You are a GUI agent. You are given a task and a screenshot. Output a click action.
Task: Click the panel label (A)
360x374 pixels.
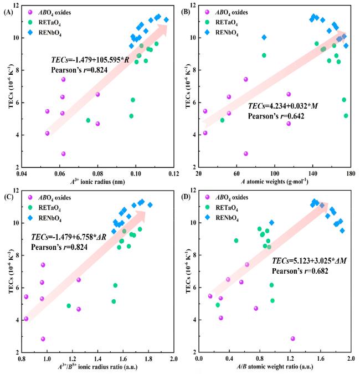8,9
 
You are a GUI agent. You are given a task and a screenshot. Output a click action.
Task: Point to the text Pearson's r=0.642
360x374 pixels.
276,116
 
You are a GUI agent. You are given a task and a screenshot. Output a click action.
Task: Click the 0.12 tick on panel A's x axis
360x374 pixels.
174,173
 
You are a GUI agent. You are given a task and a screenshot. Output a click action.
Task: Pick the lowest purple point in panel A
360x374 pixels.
64,153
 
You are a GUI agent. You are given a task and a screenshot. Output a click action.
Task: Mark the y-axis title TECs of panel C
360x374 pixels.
7,271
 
